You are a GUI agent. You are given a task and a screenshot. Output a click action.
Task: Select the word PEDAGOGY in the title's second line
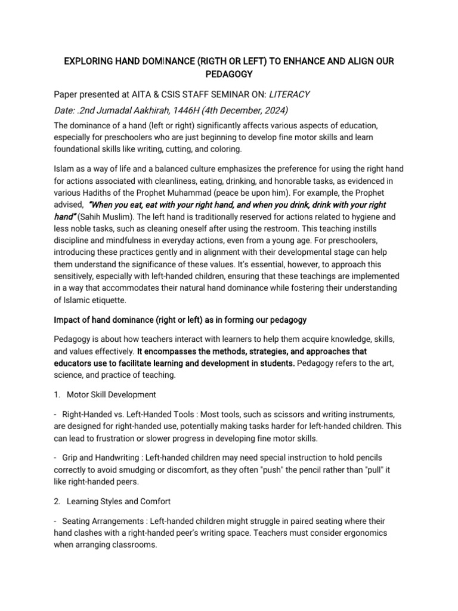pos(228,74)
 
